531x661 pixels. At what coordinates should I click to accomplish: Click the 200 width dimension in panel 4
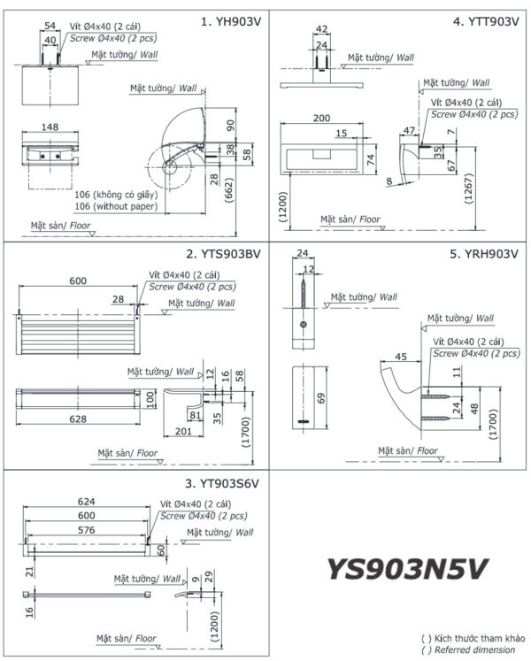pos(321,118)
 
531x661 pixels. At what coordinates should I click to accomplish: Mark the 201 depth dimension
pos(183,431)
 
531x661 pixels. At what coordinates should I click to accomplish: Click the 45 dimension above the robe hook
pos(399,357)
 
